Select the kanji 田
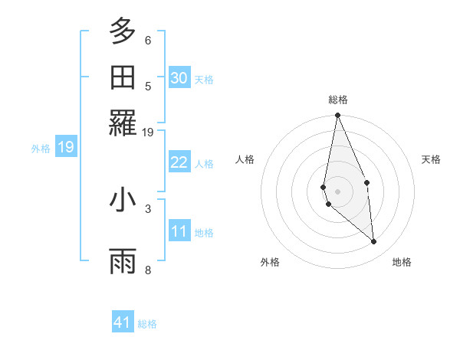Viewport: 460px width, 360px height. coord(123,77)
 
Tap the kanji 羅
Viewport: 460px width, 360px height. coord(123,123)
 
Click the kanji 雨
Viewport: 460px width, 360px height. coord(123,260)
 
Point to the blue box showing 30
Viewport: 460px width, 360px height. coord(179,77)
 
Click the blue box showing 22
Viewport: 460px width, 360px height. coord(179,162)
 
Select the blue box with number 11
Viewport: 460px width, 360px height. coord(179,231)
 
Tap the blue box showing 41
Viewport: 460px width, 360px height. coord(123,322)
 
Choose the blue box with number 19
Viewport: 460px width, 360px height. coord(66,147)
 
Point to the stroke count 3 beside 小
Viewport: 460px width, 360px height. coord(148,208)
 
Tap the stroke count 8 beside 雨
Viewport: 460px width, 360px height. coord(148,269)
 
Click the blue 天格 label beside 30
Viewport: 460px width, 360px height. coord(204,79)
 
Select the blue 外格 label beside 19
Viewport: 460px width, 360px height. coord(41,148)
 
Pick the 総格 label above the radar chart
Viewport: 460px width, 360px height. coord(337,100)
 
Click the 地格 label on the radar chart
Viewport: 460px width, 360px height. coord(402,262)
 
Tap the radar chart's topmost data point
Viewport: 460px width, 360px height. coord(337,116)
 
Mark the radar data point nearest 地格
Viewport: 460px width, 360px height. coord(374,242)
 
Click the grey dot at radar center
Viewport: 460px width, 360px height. coord(337,191)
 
